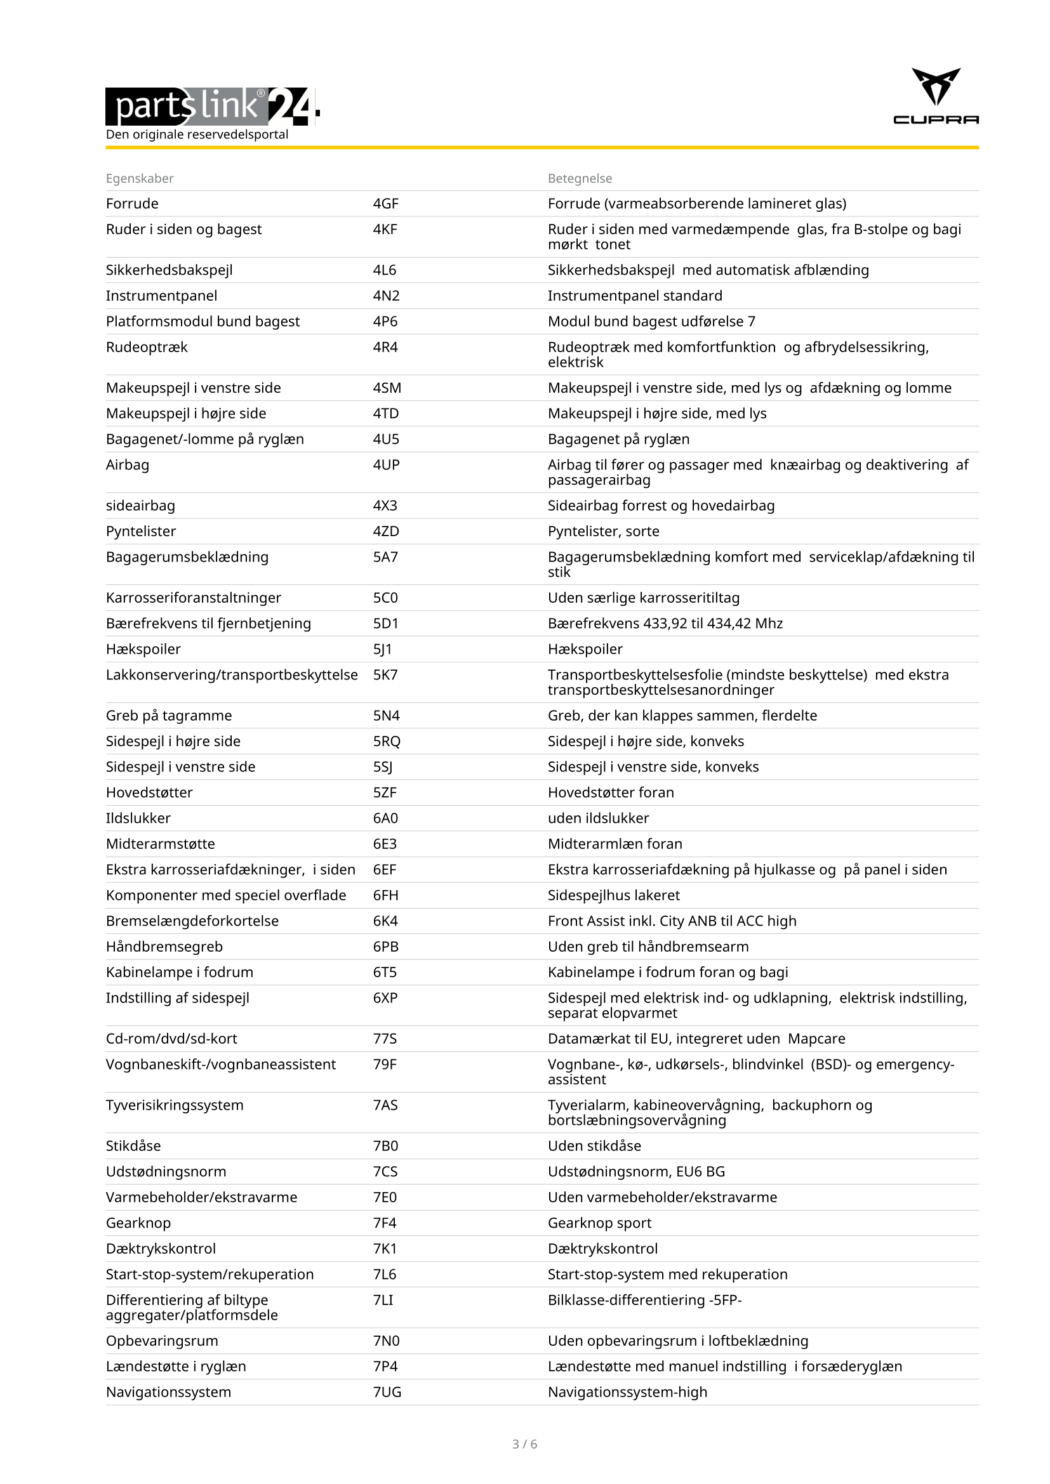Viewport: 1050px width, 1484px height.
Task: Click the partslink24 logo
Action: coord(212,106)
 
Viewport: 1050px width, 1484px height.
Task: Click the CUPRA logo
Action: coord(935,96)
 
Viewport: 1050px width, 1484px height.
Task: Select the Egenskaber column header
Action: coord(140,178)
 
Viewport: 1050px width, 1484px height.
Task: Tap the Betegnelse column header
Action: coord(580,178)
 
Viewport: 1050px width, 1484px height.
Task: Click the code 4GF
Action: coord(385,204)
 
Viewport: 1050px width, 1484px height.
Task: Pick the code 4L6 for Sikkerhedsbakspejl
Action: coord(384,270)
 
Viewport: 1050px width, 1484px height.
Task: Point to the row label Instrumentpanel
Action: coord(162,296)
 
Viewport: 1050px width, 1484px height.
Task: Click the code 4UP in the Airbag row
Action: coord(386,464)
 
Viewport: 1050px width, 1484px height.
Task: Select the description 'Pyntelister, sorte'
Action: coord(603,531)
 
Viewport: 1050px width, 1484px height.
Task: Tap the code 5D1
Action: coord(385,623)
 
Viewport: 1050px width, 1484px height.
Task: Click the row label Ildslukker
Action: coord(138,818)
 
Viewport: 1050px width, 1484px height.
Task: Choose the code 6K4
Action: coord(385,921)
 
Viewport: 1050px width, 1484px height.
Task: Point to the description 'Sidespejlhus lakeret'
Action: coord(614,895)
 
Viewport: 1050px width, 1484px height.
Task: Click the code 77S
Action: coord(385,1039)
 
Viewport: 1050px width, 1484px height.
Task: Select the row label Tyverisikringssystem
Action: coord(175,1105)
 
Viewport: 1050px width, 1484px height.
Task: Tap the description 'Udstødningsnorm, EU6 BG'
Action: coord(636,1172)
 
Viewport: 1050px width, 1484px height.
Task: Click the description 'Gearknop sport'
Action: coord(599,1223)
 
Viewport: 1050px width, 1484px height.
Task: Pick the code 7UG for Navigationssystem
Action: coord(387,1392)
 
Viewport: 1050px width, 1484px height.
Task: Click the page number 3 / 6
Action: coord(524,1444)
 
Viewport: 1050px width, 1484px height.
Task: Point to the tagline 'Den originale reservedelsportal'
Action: coord(197,135)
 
